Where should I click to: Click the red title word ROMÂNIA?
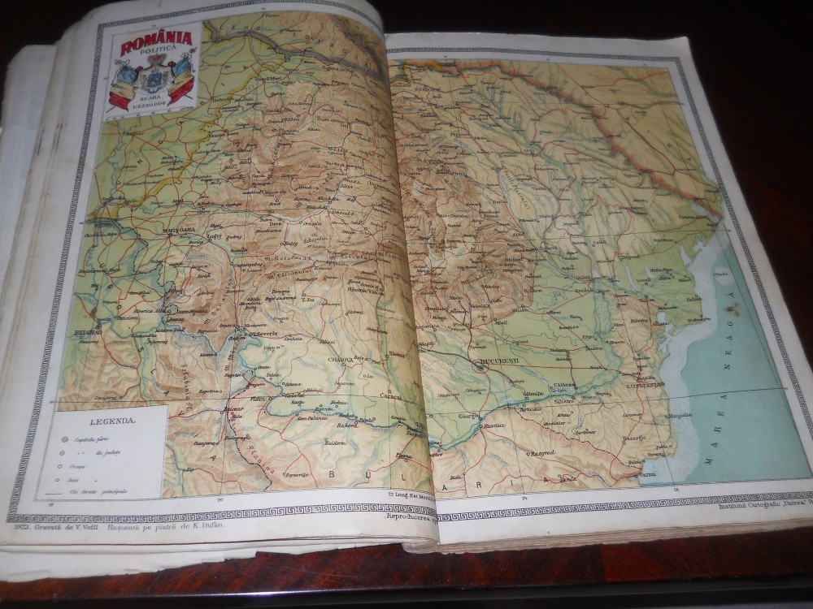pyautogui.click(x=155, y=40)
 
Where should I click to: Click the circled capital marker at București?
pyautogui.click(x=479, y=365)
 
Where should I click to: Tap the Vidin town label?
pyautogui.click(x=259, y=400)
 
